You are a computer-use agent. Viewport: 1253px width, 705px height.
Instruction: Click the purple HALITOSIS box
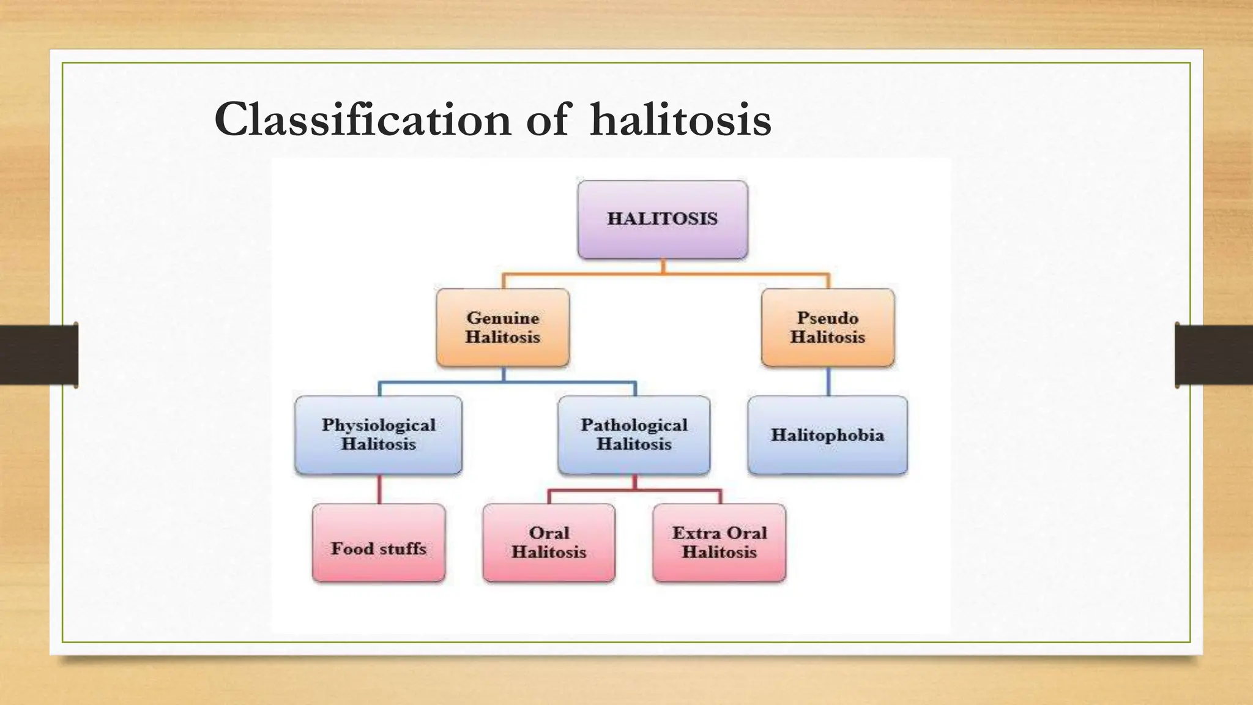663,219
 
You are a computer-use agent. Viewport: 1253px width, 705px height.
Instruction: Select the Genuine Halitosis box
503,327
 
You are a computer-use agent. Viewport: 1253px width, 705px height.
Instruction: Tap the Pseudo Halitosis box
828,327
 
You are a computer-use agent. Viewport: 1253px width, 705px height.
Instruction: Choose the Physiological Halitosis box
378,435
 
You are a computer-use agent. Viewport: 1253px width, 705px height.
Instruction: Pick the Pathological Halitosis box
634,435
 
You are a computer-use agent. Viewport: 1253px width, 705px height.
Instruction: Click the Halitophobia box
827,435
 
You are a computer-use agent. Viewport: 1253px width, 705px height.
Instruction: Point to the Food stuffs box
379,543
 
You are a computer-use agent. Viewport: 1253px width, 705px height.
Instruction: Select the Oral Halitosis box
549,543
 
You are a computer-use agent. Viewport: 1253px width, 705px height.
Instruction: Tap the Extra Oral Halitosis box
719,543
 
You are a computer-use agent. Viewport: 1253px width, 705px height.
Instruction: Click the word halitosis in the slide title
680,120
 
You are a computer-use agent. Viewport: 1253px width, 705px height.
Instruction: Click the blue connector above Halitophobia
828,381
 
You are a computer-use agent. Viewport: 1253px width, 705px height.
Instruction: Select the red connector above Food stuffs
379,489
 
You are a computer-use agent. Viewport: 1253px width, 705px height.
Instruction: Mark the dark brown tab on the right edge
1214,355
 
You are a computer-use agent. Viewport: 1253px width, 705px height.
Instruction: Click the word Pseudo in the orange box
827,318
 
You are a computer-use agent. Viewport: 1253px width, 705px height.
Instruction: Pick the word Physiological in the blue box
378,425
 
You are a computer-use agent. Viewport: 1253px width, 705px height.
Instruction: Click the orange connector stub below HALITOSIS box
663,266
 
